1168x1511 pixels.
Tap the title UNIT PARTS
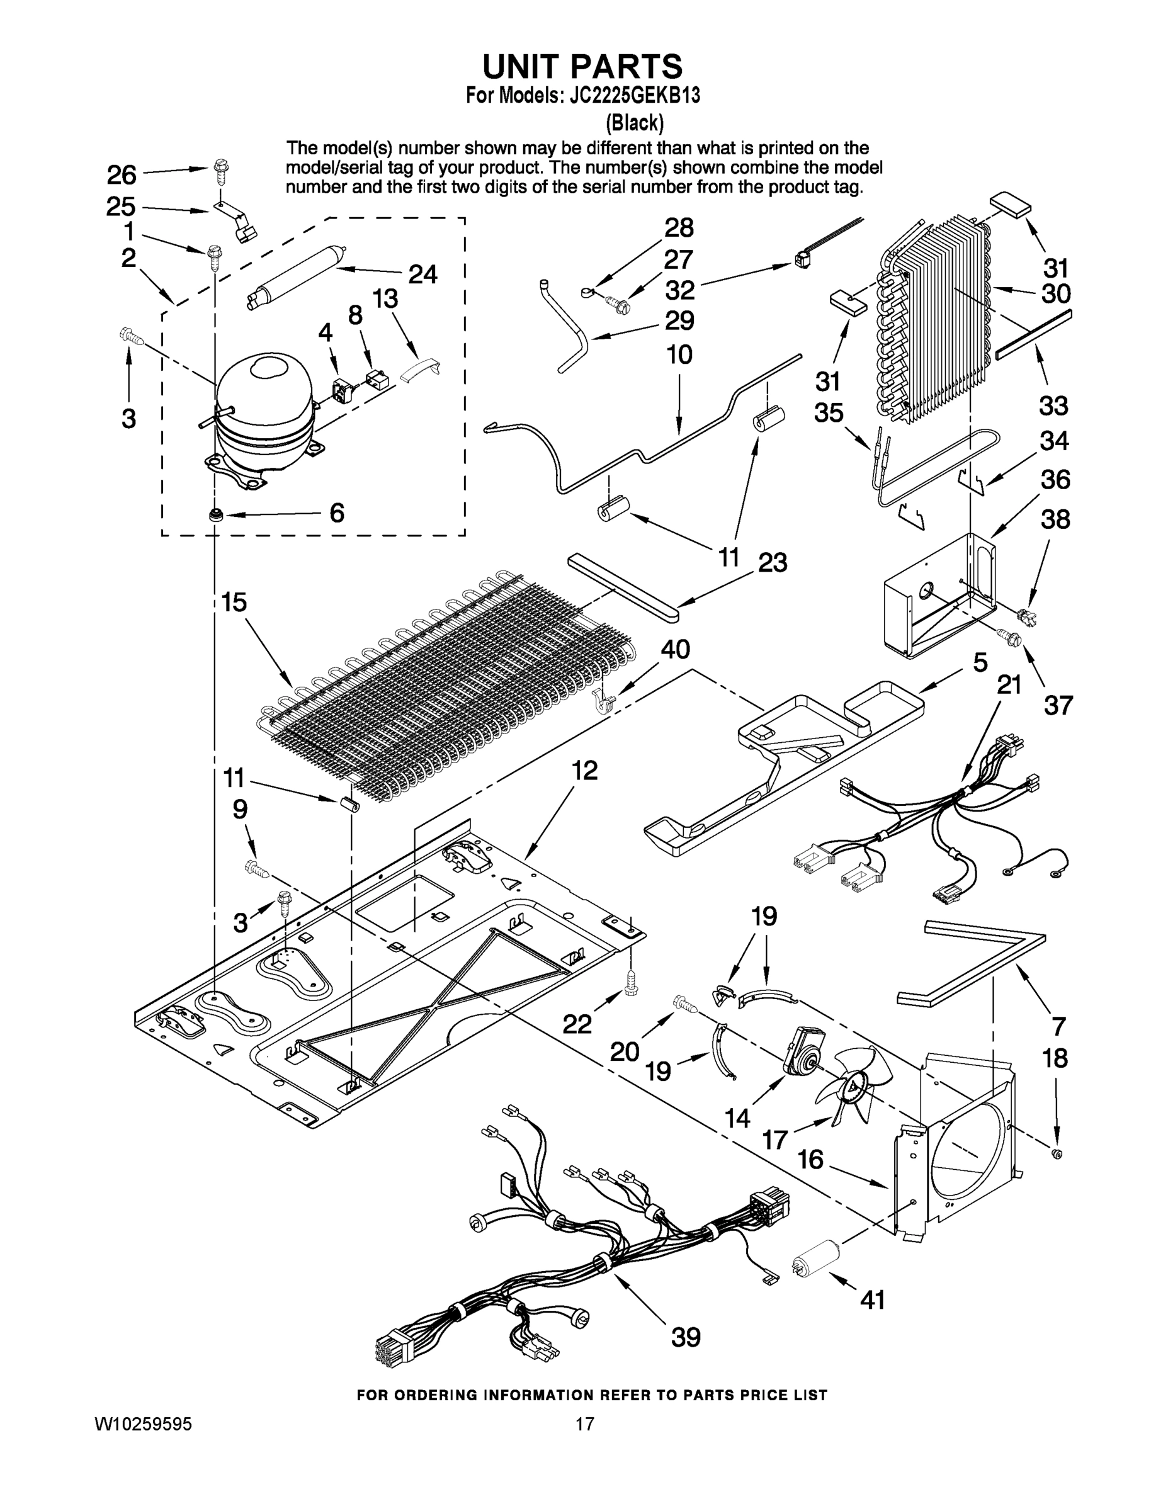tap(582, 66)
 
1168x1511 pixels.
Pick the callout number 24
tap(422, 274)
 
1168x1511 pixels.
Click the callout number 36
tap(1055, 480)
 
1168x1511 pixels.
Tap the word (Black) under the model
tap(635, 123)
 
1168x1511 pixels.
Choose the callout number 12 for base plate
tap(585, 770)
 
